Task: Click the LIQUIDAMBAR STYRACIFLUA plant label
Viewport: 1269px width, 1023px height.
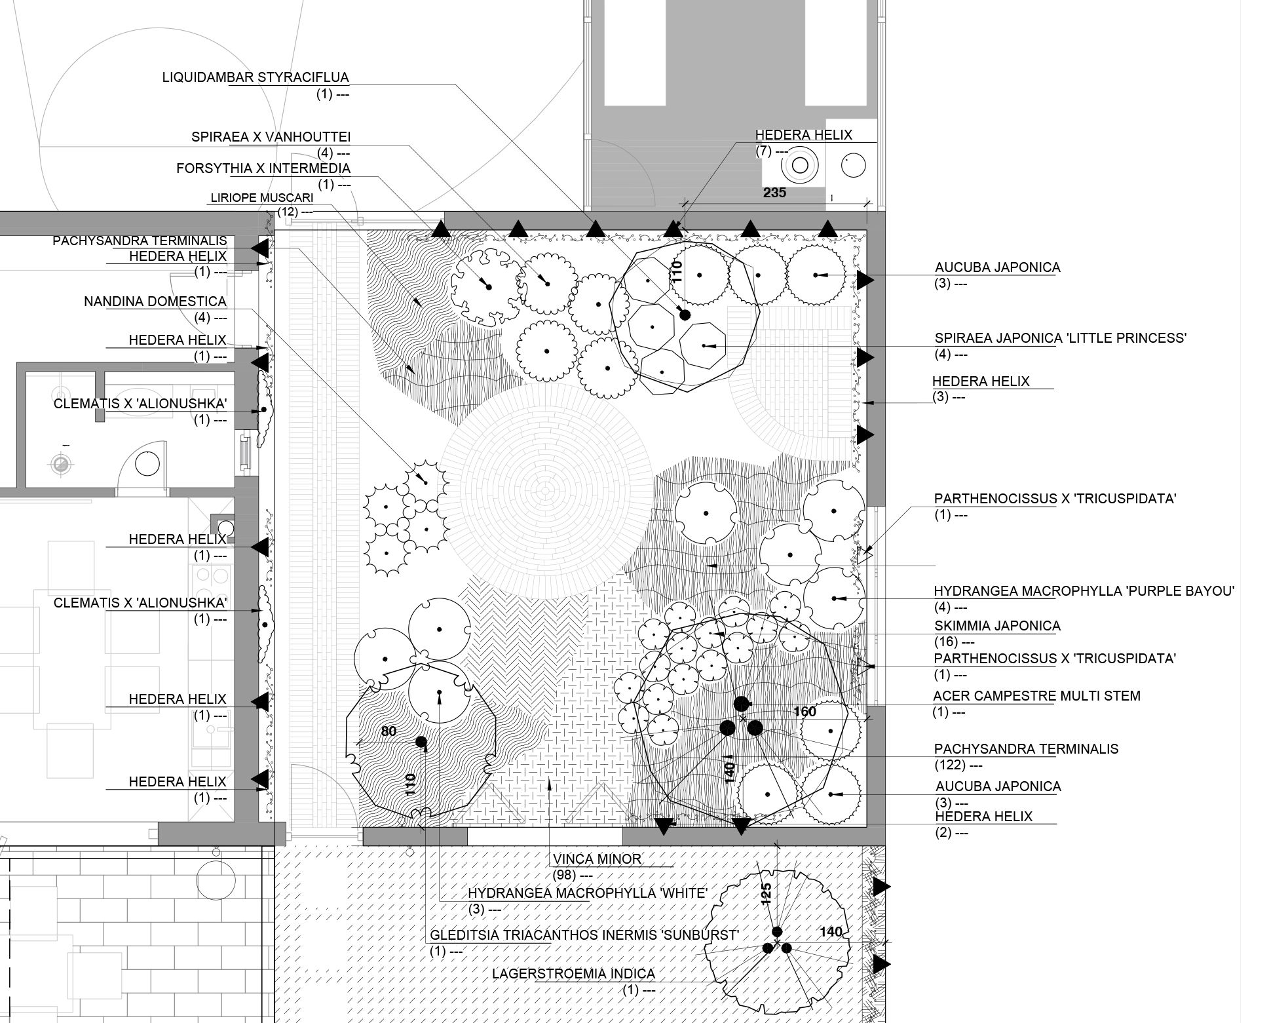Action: tap(256, 77)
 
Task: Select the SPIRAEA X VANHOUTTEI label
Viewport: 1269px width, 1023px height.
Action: tap(271, 137)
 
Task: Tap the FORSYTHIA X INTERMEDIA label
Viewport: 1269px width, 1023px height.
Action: tap(263, 168)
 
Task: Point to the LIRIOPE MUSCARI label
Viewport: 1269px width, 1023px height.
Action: tap(262, 197)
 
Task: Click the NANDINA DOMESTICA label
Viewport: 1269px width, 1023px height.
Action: tap(155, 301)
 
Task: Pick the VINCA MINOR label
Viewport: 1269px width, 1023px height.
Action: tap(597, 859)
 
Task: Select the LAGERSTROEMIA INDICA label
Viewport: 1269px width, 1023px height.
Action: tap(573, 974)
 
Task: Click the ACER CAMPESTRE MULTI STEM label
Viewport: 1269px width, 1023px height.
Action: tap(1037, 696)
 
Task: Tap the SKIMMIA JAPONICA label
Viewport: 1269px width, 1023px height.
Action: tap(997, 626)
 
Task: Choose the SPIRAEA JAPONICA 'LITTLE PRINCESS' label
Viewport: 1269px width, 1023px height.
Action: tap(1061, 338)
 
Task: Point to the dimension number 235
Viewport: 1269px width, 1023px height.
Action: tap(774, 193)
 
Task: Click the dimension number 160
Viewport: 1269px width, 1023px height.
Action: tap(805, 712)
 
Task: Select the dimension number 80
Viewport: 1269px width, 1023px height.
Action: tap(388, 731)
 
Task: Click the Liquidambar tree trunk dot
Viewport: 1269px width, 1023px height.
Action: tap(685, 315)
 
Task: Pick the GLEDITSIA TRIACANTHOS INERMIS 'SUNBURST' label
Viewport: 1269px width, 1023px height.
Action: tap(584, 935)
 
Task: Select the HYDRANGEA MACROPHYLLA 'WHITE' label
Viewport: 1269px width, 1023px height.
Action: tap(588, 893)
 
